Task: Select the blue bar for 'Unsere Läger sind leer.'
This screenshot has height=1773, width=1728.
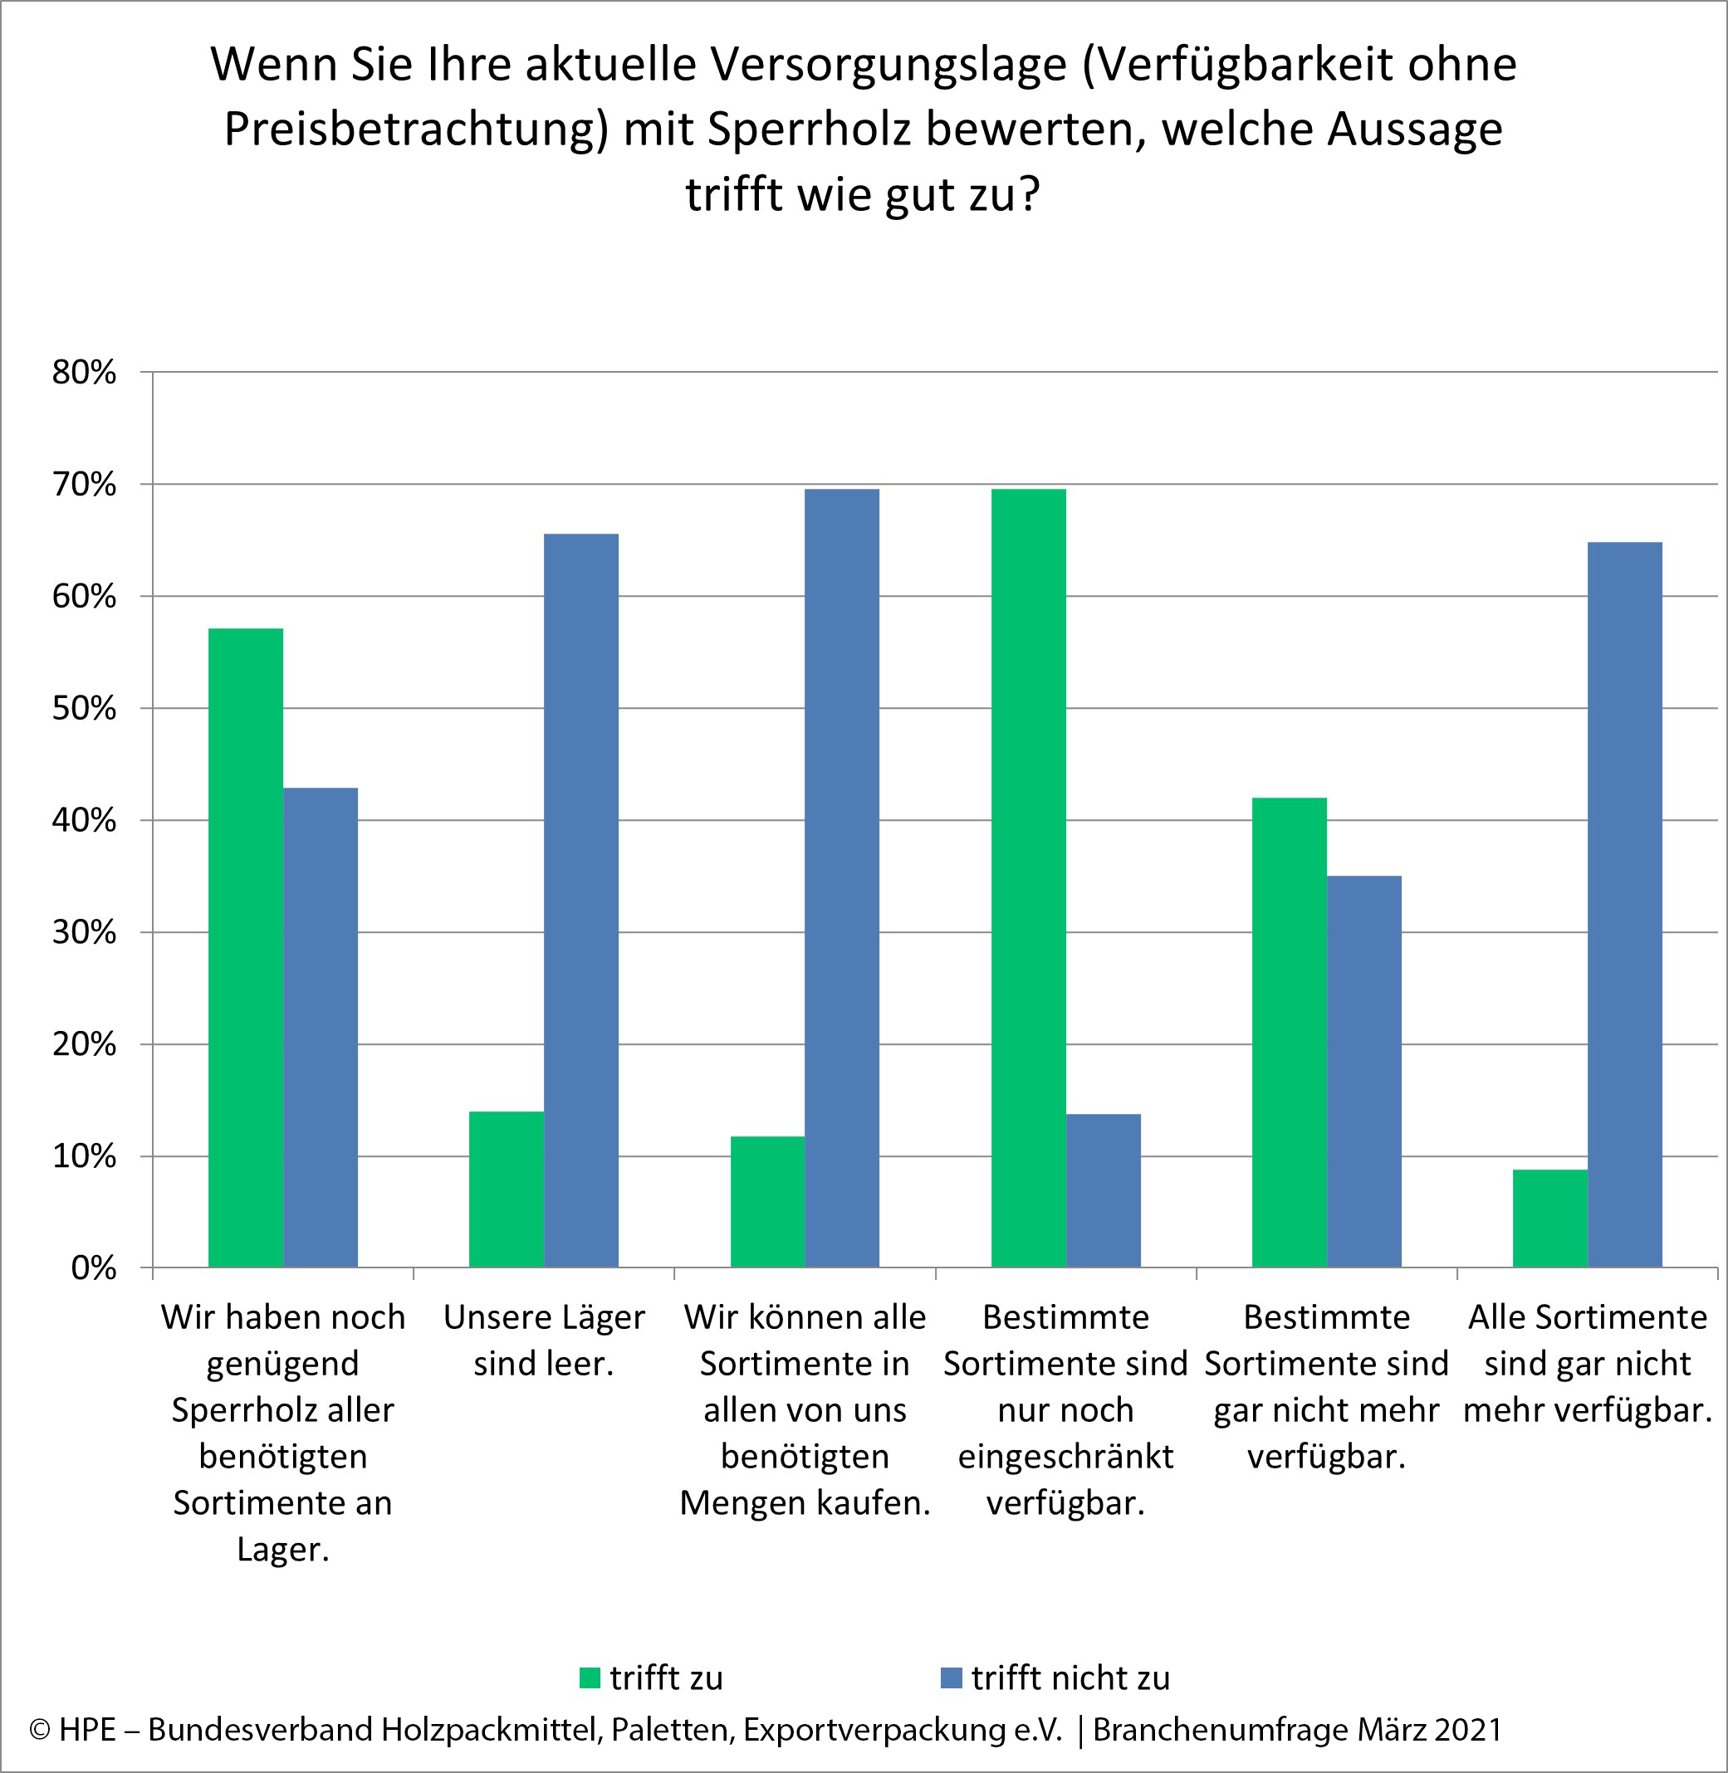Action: pos(580,900)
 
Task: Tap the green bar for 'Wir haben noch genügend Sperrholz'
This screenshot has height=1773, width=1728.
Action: pos(245,947)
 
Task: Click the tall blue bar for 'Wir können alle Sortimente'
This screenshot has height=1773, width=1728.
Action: pos(842,878)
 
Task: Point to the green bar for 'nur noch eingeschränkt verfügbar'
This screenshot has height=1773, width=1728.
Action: pos(1028,878)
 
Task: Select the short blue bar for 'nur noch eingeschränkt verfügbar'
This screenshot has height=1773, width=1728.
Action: pos(1104,1190)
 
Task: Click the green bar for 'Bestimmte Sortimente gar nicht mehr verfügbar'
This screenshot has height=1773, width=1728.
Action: pos(1289,1033)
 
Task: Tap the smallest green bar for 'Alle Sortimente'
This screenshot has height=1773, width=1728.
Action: pos(1550,1218)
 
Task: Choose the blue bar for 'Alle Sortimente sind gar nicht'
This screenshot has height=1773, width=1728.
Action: pos(1624,905)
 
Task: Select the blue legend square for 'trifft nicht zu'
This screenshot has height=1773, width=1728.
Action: pos(951,1678)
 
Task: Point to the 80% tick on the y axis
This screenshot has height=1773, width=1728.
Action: pos(84,372)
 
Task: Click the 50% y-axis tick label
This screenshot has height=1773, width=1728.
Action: pos(84,709)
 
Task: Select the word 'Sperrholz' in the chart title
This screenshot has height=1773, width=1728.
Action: pos(809,129)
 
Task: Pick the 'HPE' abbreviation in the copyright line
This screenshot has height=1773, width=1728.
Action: pos(87,1730)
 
